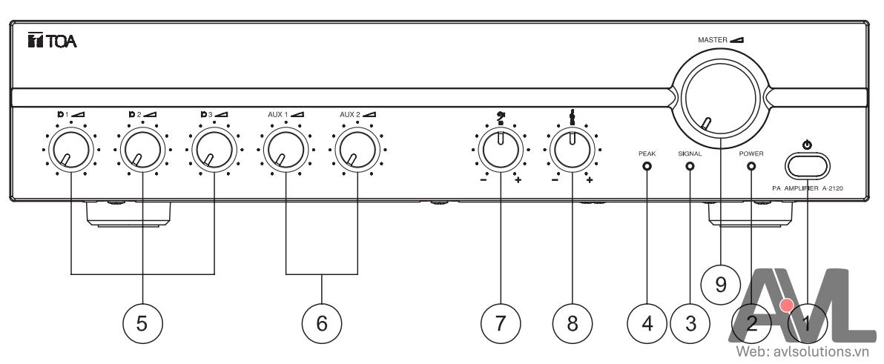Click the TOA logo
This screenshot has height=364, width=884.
click(53, 41)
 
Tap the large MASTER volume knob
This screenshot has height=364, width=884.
click(718, 97)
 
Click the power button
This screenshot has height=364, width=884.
click(808, 165)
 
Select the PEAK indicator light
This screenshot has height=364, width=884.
click(647, 167)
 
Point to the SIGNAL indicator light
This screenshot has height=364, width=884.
click(690, 167)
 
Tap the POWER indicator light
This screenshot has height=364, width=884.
click(751, 167)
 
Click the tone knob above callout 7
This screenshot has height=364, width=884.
click(500, 150)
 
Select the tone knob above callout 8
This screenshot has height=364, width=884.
click(572, 150)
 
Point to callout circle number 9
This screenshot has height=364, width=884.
click(721, 285)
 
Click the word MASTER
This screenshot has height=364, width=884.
click(713, 40)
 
